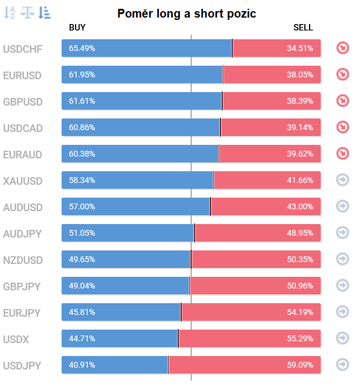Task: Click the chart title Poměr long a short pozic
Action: [x=186, y=13]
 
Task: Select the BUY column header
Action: [x=77, y=28]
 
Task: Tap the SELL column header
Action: [x=303, y=28]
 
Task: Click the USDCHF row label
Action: [x=23, y=49]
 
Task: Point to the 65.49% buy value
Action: [x=81, y=48]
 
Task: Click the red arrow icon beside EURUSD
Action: [x=342, y=74]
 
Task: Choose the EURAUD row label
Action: [x=23, y=154]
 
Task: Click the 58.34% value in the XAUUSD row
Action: [x=81, y=180]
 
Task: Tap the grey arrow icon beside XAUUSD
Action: [x=342, y=180]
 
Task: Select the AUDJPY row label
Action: [x=22, y=233]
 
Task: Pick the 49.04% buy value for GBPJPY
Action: [x=81, y=286]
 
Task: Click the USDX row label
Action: [x=16, y=339]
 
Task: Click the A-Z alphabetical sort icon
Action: [x=9, y=12]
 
